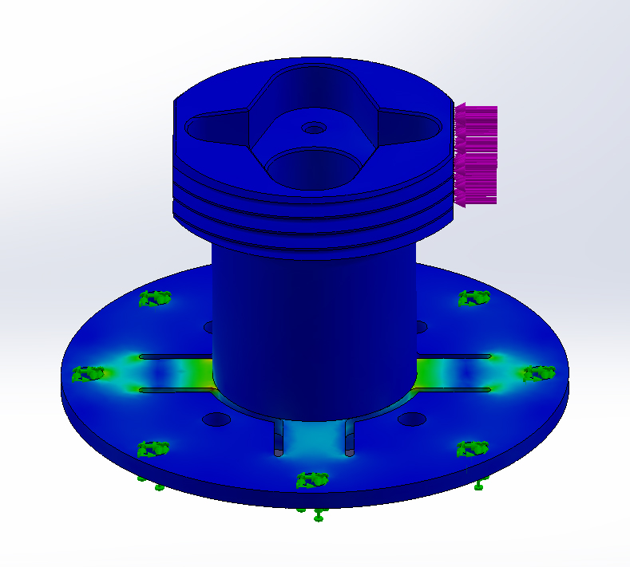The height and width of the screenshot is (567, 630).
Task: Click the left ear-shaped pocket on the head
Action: [x=213, y=127]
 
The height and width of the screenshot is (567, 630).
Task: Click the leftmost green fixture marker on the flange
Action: [x=89, y=373]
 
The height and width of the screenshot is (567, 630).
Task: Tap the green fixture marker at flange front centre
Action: [x=311, y=479]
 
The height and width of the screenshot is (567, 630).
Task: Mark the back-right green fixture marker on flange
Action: [x=473, y=297]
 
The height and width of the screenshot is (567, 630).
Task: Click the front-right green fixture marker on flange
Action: [x=473, y=448]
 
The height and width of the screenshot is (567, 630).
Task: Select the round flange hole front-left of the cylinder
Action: [x=216, y=419]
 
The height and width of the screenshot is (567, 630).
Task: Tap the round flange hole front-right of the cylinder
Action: [x=410, y=419]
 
